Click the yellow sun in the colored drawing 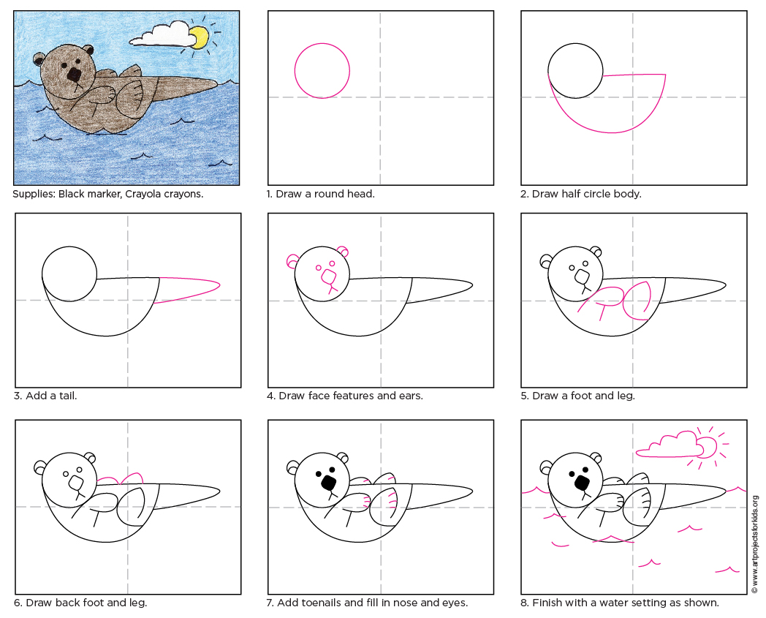(x=198, y=37)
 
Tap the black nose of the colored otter (x=75, y=75)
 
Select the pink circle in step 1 (x=322, y=71)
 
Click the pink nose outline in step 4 (x=330, y=277)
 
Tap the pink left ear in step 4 (x=292, y=260)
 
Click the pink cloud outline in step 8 (x=665, y=444)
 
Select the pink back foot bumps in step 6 (x=121, y=478)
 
